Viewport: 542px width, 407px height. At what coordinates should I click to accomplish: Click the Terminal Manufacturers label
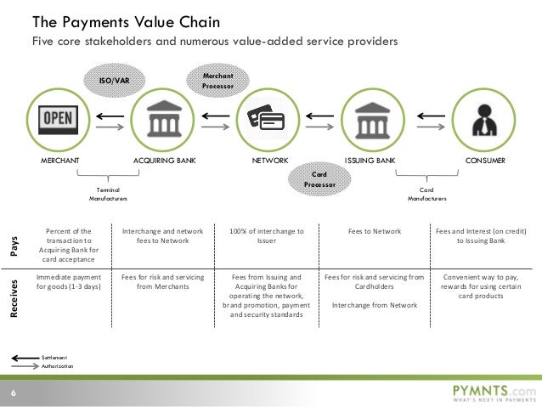point(108,194)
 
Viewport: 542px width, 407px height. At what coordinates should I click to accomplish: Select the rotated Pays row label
point(13,246)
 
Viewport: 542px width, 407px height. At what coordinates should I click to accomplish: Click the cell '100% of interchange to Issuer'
point(267,235)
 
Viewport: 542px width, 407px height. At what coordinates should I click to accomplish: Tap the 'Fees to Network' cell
point(375,230)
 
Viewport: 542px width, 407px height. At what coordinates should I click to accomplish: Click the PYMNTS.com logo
point(493,392)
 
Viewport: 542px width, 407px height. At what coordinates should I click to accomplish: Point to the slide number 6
point(14,392)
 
